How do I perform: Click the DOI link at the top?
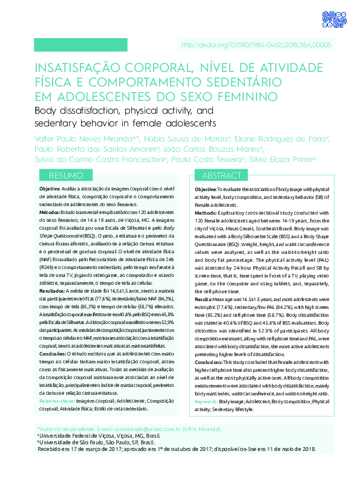click(265, 45)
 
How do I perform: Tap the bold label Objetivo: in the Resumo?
click(51, 189)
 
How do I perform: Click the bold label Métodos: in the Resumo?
click(50, 213)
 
